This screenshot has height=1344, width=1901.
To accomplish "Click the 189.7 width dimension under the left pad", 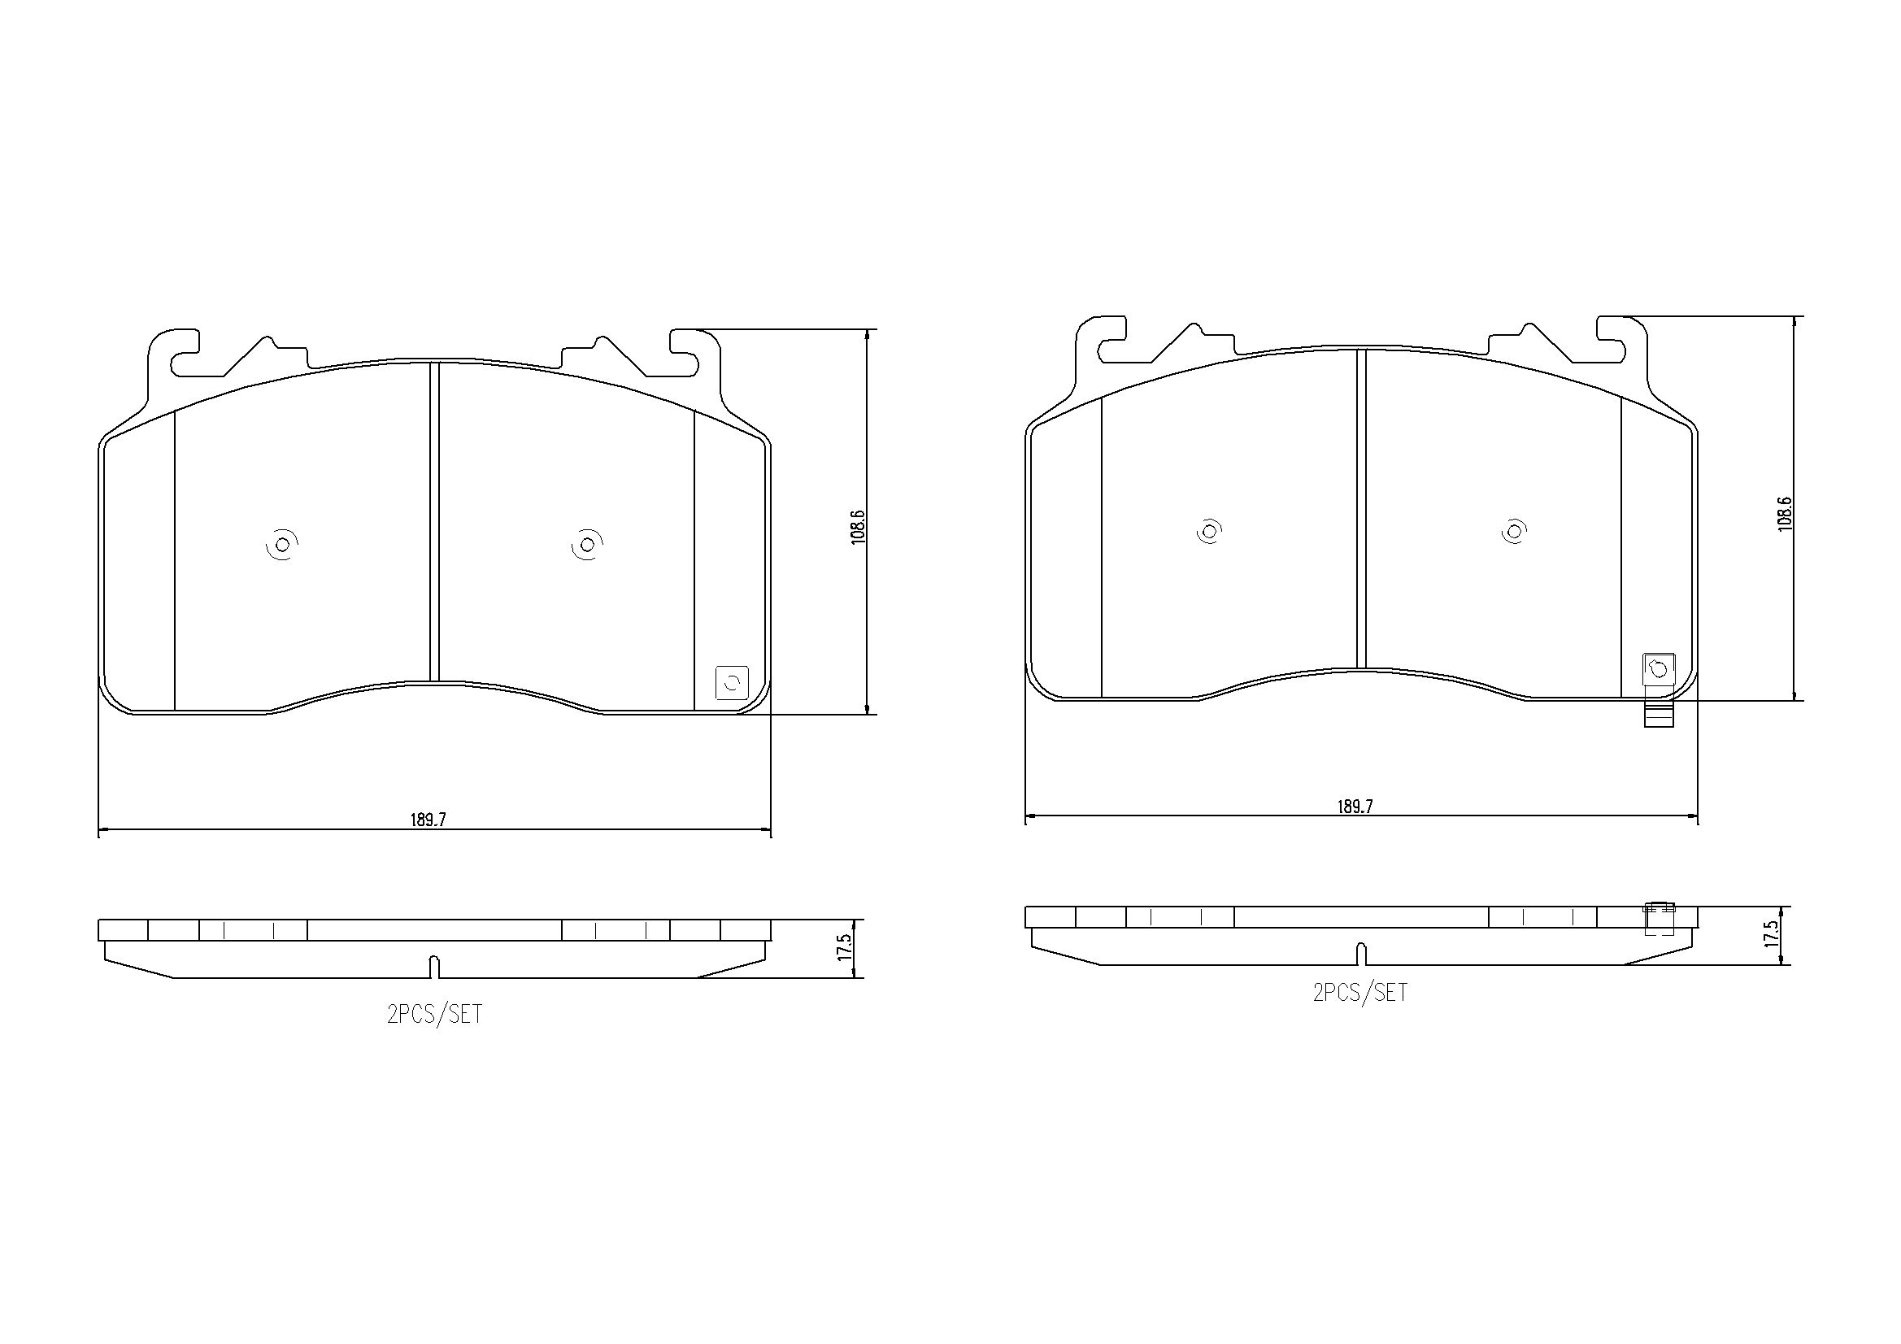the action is (428, 820).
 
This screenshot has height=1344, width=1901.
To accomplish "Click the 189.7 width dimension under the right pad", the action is (1355, 807).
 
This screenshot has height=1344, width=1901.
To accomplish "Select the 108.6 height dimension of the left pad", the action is (858, 526).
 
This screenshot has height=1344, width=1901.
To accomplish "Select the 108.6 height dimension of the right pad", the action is (1784, 513).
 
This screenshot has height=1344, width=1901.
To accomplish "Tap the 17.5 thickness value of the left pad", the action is (844, 947).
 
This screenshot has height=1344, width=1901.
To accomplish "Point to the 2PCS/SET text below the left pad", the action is (434, 1015).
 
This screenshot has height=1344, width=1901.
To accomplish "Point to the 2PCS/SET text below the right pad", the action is (1359, 992).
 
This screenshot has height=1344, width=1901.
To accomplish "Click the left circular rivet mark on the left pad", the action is (282, 545).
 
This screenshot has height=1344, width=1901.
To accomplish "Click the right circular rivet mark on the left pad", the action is (587, 545).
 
